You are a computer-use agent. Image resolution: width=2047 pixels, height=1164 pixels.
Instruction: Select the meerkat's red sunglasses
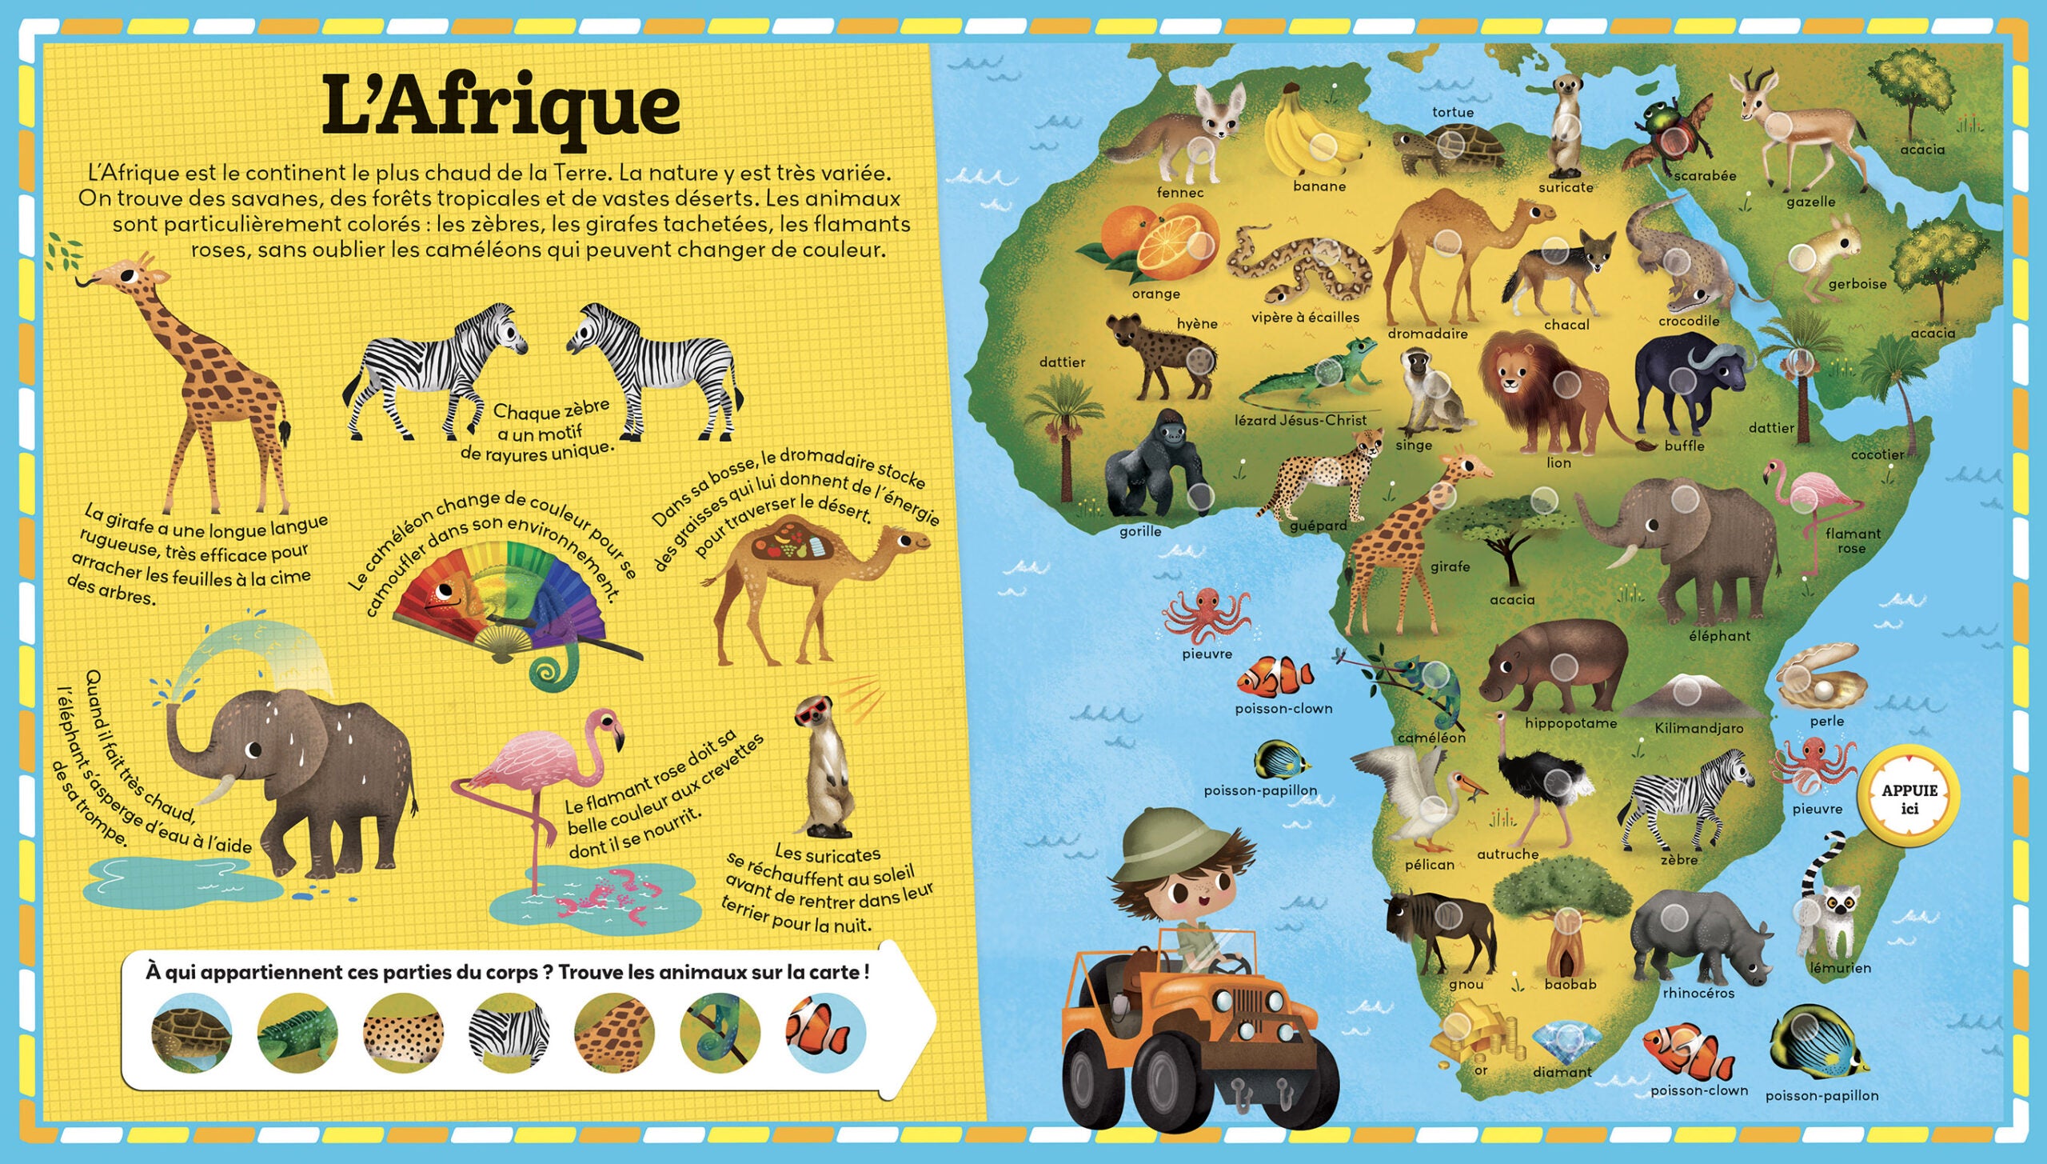click(814, 712)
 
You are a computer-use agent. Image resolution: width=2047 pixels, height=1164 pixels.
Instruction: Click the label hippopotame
click(1570, 723)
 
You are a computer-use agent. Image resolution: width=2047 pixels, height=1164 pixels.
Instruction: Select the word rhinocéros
click(1698, 993)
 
